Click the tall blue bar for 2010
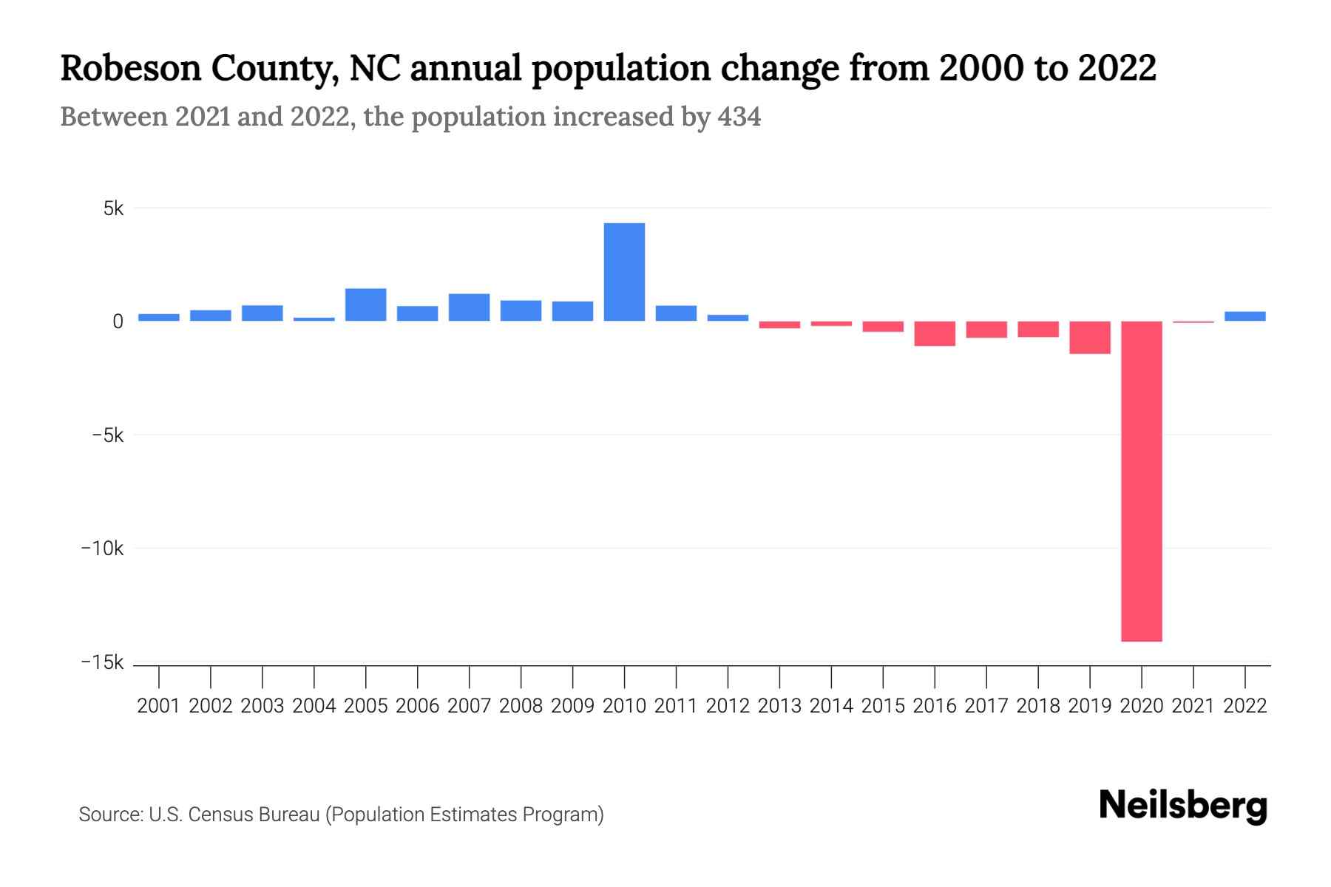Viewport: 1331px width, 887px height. [x=624, y=272]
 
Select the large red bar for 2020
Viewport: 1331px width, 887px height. [x=1141, y=480]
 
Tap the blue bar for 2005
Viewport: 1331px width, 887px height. [x=365, y=305]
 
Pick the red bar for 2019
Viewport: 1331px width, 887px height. [x=1089, y=337]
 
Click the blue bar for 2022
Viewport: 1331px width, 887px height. [x=1244, y=316]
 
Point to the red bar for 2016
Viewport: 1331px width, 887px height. [x=935, y=333]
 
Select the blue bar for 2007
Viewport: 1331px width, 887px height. [x=469, y=307]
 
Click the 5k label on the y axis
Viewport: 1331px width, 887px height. [x=113, y=209]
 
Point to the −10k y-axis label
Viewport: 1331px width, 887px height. [x=102, y=548]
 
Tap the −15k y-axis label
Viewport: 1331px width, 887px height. [x=102, y=662]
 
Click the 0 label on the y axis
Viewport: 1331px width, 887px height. [x=118, y=322]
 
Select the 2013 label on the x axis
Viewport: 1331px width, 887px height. [x=779, y=706]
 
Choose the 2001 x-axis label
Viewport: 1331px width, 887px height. [x=159, y=706]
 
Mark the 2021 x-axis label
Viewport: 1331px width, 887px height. [x=1193, y=706]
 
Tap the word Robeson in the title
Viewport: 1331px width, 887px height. [x=130, y=68]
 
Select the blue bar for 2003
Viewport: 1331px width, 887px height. [x=263, y=313]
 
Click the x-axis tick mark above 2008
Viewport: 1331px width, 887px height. [x=521, y=676]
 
